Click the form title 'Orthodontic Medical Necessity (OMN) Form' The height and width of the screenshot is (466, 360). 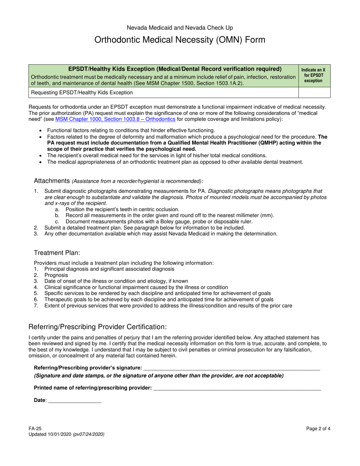[x=180, y=40]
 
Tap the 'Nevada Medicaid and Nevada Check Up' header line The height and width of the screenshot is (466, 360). [x=180, y=28]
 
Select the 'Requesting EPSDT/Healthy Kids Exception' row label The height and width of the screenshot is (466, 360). [x=82, y=92]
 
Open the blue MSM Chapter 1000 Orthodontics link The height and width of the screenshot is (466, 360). [x=115, y=119]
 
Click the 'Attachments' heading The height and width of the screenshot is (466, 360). [x=52, y=180]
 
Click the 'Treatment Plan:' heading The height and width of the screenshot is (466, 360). [x=57, y=253]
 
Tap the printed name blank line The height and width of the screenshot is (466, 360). [x=237, y=388]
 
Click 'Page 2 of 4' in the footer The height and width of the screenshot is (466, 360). [x=318, y=428]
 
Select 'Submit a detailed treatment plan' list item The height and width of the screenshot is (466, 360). [x=144, y=228]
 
